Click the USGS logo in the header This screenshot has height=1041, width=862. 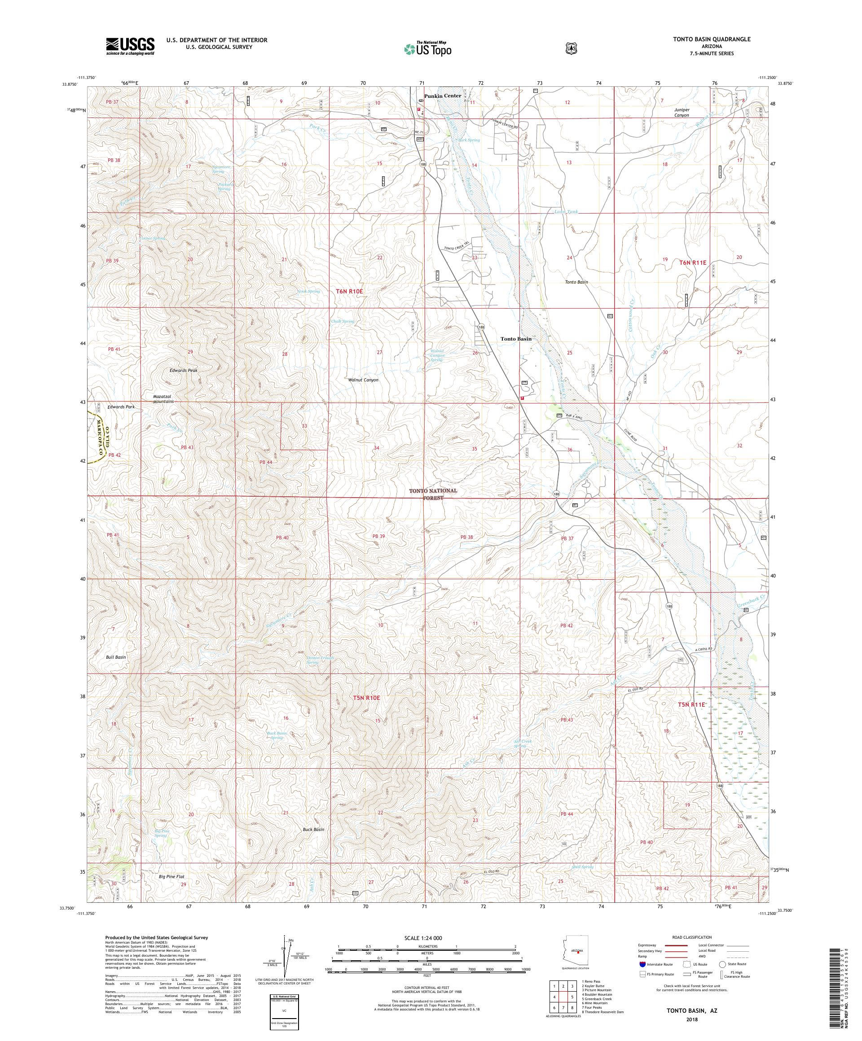[130, 47]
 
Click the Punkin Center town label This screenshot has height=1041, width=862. [442, 96]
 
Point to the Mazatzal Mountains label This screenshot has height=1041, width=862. [163, 398]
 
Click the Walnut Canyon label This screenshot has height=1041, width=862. [363, 380]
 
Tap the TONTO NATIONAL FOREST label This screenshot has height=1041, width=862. [433, 493]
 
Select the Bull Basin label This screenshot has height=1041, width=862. [115, 657]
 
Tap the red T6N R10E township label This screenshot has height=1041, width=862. [349, 292]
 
